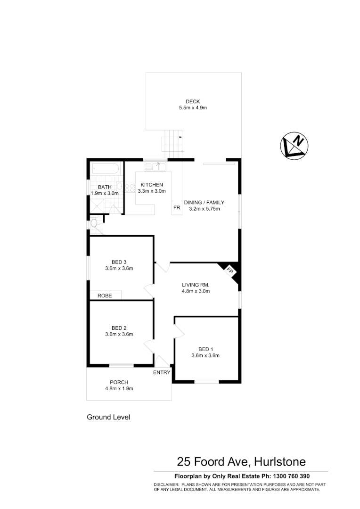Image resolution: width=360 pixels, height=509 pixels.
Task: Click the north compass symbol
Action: click(x=295, y=145)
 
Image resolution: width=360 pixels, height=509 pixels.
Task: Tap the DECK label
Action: click(x=193, y=101)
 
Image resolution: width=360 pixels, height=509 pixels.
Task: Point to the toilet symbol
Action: click(x=94, y=223)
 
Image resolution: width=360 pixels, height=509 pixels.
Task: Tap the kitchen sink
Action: click(x=155, y=166)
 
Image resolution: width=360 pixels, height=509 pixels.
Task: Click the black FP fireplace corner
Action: click(x=232, y=273)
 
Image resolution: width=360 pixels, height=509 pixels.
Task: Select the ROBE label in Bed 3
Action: click(x=105, y=296)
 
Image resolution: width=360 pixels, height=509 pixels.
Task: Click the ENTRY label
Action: click(x=162, y=372)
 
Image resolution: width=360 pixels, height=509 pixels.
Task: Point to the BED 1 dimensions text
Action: click(x=205, y=356)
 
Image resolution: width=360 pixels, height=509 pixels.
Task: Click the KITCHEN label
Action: click(x=152, y=184)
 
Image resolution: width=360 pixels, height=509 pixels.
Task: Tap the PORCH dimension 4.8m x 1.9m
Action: click(x=119, y=389)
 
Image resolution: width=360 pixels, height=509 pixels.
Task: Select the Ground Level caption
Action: click(x=108, y=417)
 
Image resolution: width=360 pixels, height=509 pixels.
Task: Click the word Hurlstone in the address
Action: click(x=279, y=461)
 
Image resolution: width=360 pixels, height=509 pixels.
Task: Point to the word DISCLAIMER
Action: click(x=166, y=484)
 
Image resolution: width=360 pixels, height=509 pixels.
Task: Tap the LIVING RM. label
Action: click(x=196, y=285)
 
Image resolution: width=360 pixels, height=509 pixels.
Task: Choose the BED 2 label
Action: click(x=119, y=328)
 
